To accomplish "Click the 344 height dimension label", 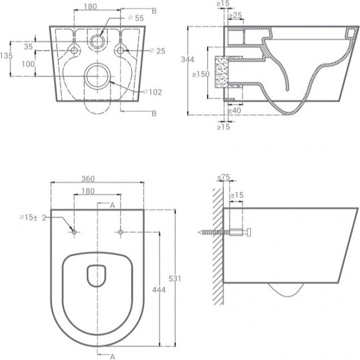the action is pos(187,60).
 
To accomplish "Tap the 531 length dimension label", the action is pos(175,278).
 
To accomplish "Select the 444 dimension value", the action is pos(159,290).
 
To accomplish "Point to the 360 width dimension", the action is pos(88,179).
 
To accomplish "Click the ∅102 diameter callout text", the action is pos(152,92).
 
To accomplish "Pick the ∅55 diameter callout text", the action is pos(136,18).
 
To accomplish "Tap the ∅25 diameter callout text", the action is pos(157,51).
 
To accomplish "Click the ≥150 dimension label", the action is pos(201,74).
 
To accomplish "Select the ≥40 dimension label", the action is pos(234,111).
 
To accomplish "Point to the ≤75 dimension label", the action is pos(224,177).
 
